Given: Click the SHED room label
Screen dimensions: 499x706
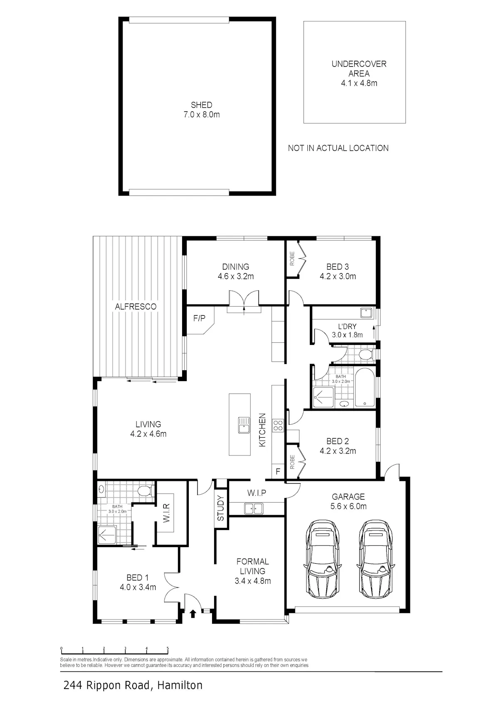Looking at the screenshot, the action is (202, 105).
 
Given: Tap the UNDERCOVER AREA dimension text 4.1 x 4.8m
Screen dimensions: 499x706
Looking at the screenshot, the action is (359, 83).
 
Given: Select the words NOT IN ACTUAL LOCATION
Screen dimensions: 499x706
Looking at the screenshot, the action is (338, 148).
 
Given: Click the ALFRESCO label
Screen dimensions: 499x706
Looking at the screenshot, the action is (136, 306).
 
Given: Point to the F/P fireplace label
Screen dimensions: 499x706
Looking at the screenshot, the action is (199, 318).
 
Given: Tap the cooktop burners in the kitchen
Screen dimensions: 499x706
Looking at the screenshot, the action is (278, 425).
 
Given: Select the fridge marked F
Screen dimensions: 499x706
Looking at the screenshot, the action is (278, 471).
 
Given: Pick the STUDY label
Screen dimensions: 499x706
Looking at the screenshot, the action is (220, 508).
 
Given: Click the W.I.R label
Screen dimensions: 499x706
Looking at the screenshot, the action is (166, 513).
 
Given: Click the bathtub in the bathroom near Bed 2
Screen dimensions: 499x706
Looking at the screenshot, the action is (365, 387).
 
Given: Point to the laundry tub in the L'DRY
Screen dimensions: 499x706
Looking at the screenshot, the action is (366, 313).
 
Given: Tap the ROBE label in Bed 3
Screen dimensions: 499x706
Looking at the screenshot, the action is (292, 258).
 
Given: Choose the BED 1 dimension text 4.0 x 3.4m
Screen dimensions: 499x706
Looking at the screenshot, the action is (138, 587).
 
